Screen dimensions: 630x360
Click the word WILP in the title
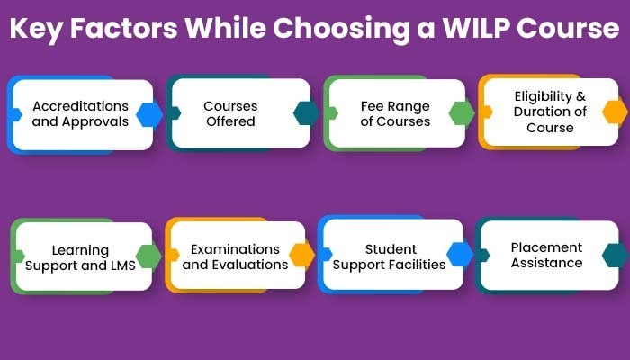(x=476, y=28)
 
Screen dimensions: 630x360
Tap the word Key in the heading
(x=36, y=29)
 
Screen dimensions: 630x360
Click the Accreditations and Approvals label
(x=80, y=113)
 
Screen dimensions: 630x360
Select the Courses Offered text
(x=230, y=113)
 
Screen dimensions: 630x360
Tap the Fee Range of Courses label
(x=395, y=113)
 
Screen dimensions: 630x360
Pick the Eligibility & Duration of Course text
(x=550, y=112)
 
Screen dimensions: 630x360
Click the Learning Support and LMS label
(x=80, y=257)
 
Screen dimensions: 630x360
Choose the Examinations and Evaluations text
(x=235, y=256)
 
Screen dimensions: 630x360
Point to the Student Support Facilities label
(x=390, y=256)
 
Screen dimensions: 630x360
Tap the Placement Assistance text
(x=547, y=255)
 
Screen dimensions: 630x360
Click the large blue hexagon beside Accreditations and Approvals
(x=149, y=115)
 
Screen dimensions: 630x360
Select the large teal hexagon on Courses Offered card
(x=306, y=112)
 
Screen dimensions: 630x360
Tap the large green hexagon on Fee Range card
(x=462, y=113)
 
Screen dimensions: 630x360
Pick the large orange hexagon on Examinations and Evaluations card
(x=302, y=255)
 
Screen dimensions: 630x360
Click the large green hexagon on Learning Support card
(x=148, y=256)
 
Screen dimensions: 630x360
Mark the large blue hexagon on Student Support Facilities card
(x=460, y=255)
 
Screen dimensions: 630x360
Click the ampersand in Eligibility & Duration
(x=581, y=96)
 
